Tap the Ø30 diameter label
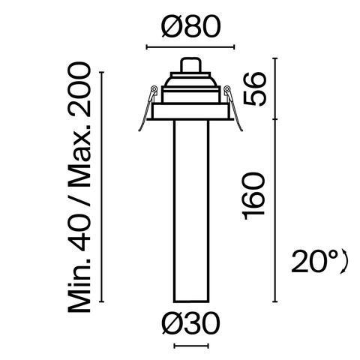click(190, 325)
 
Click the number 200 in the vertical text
click(79, 93)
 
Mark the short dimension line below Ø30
click(190, 346)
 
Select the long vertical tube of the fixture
click(190, 210)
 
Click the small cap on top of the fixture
click(190, 64)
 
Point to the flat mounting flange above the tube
click(190, 112)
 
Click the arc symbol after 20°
click(346, 262)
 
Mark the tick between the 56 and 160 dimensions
click(279, 118)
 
